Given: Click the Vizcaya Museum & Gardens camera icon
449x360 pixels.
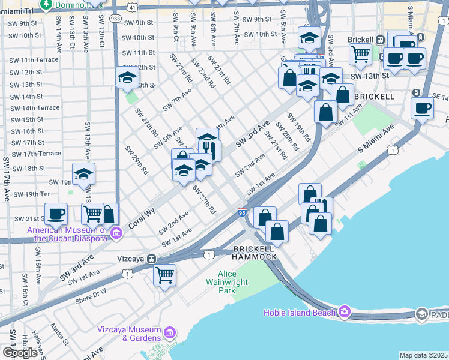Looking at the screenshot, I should (x=170, y=332).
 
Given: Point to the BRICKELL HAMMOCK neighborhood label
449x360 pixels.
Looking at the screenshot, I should (x=255, y=253).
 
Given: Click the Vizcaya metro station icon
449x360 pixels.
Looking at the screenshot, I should (x=152, y=259).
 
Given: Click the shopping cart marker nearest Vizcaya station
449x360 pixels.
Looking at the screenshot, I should (x=164, y=275).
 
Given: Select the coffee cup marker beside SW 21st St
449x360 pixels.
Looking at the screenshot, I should (x=57, y=214).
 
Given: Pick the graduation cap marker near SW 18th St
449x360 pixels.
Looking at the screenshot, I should (x=83, y=174).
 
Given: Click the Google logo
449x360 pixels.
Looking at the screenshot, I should (x=20, y=353).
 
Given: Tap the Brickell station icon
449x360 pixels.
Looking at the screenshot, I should (x=379, y=40).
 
